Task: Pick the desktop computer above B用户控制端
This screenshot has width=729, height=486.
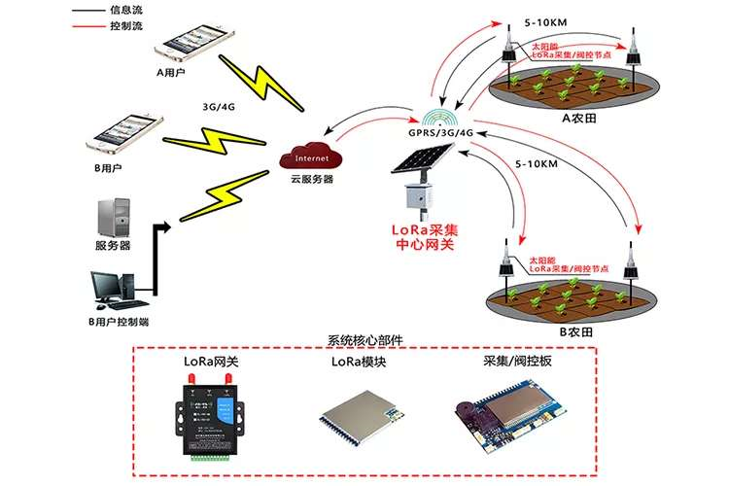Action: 113,284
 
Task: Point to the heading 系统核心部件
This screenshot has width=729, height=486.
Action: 366,341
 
